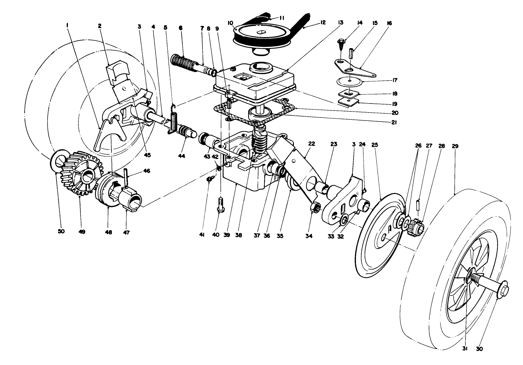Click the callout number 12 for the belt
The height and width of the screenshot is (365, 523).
(x=323, y=23)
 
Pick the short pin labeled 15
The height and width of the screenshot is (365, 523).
(x=350, y=54)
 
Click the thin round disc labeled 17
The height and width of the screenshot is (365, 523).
(x=350, y=81)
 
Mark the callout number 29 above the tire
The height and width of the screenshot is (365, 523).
(x=455, y=146)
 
